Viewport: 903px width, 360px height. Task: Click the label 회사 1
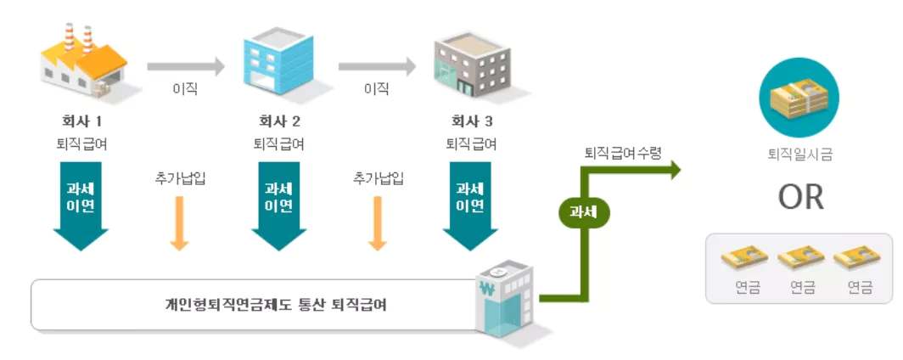tap(82, 120)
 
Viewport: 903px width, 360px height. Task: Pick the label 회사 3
tap(471, 120)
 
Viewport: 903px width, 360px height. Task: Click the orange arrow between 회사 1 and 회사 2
tap(179, 222)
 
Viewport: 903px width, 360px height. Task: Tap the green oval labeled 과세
tap(584, 213)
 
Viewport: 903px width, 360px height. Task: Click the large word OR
tap(800, 197)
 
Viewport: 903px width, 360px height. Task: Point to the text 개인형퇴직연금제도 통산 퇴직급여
tap(277, 304)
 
